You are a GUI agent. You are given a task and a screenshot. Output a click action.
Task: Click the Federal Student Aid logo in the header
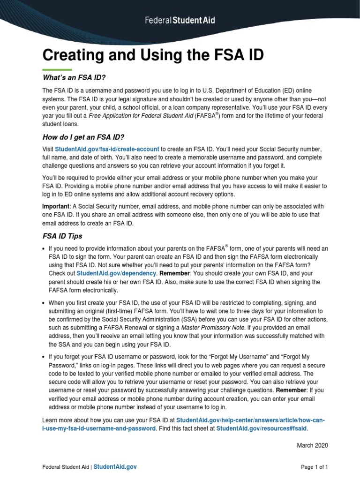click(x=180, y=21)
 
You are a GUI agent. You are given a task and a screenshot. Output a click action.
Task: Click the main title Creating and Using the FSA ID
click(x=153, y=55)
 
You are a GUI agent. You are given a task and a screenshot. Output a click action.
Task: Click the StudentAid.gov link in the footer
click(x=116, y=467)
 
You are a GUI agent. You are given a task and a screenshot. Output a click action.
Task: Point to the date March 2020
click(x=313, y=445)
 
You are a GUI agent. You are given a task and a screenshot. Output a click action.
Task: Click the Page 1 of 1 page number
click(x=314, y=467)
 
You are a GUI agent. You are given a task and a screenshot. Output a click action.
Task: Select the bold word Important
click(x=56, y=207)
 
